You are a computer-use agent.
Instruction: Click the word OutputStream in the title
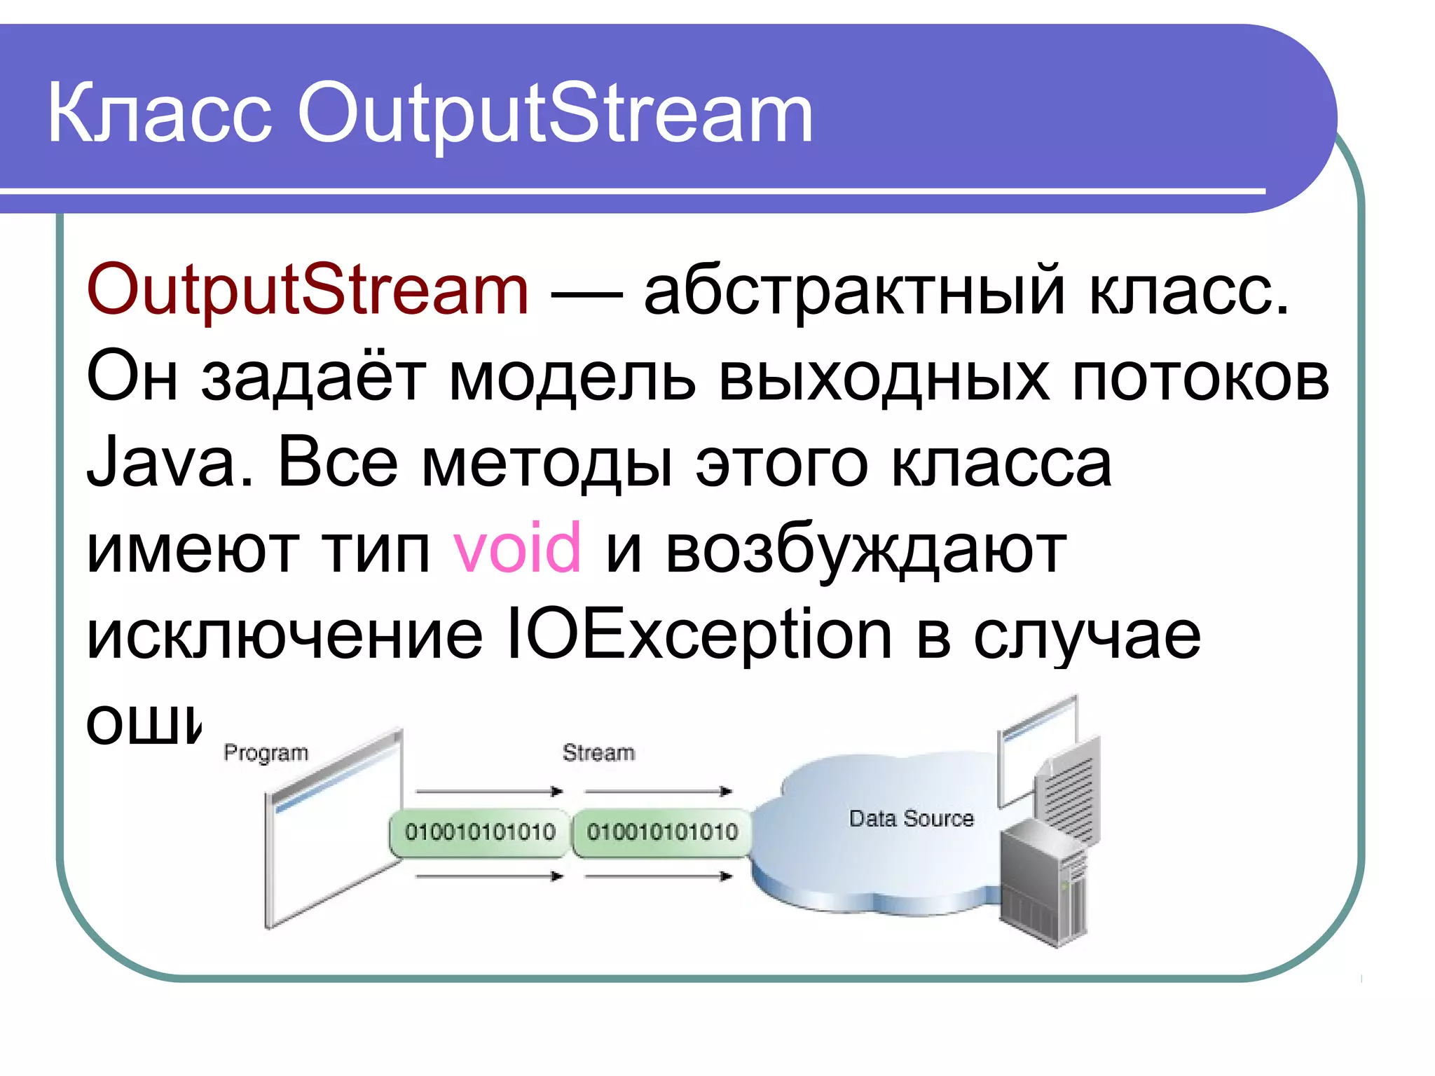(x=555, y=114)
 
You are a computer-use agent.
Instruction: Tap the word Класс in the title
(x=159, y=113)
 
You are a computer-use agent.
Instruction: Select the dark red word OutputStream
(x=308, y=291)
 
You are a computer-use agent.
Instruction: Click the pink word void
(x=517, y=548)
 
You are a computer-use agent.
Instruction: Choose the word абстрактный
(x=854, y=291)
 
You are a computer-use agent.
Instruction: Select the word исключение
(x=284, y=635)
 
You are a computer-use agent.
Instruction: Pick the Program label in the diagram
(x=266, y=752)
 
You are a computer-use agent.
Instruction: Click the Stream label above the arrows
(x=598, y=752)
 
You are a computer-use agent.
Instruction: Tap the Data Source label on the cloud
(x=911, y=818)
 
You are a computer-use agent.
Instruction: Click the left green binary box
(x=480, y=832)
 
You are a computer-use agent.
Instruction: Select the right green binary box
(x=662, y=832)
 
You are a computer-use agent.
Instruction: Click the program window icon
(x=333, y=830)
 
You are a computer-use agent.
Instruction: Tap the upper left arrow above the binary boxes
(x=489, y=792)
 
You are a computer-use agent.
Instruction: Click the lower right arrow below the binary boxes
(x=659, y=876)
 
